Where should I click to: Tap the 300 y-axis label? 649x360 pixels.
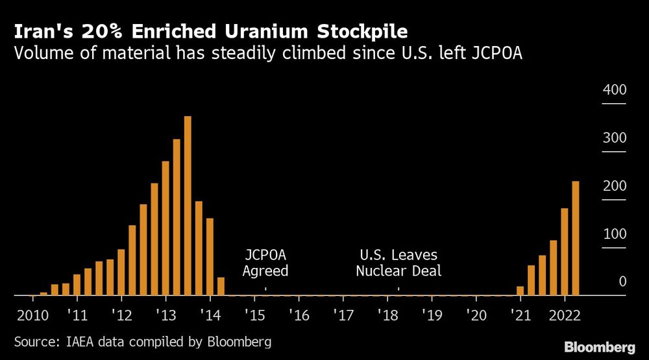(x=614, y=138)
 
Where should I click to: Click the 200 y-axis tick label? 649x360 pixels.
(x=614, y=186)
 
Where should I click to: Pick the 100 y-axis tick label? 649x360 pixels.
(x=614, y=234)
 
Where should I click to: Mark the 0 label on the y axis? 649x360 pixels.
(x=622, y=282)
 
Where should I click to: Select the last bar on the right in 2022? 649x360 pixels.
(x=575, y=238)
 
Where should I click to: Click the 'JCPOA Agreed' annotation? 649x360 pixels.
(x=265, y=263)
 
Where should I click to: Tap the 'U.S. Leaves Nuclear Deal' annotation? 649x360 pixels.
(x=398, y=263)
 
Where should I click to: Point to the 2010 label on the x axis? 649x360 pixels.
(x=32, y=315)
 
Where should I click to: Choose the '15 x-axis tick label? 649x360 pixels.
(x=254, y=315)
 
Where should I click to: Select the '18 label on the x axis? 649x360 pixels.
(x=387, y=315)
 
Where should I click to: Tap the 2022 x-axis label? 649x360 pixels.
(x=565, y=315)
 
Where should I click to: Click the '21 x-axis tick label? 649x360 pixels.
(x=520, y=315)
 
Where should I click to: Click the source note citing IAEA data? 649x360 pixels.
(x=143, y=341)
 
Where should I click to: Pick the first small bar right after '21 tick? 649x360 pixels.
(x=520, y=291)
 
